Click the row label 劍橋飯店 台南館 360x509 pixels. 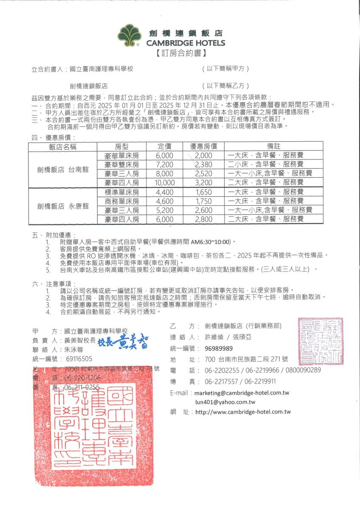tap(63, 169)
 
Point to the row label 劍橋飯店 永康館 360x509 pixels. tap(63, 206)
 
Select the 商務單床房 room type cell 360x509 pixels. tap(122, 201)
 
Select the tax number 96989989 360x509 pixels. tap(219, 349)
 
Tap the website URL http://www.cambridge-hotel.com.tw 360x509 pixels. tap(243, 412)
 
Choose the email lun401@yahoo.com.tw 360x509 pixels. tap(225, 402)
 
